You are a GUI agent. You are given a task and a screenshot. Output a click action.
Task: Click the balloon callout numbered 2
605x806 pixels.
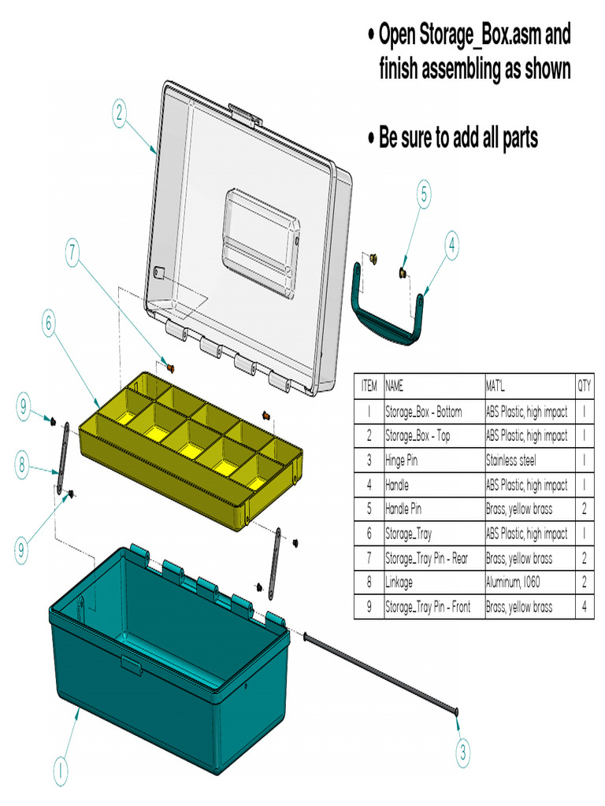118,115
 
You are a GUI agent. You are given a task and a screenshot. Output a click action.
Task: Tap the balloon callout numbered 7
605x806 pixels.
72,253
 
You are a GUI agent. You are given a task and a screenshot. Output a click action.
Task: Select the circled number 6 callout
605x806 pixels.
49,323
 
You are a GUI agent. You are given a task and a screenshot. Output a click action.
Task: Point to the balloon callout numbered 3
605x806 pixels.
463,751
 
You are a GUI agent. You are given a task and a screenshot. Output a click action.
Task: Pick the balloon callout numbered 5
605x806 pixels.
424,194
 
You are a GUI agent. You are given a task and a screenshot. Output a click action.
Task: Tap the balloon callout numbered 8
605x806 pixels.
24,465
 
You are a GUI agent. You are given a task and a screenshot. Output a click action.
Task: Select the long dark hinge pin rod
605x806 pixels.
378,673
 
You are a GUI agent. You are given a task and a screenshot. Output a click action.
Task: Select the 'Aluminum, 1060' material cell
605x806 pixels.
518,582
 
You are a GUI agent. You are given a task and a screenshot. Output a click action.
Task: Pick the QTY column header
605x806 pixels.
584,386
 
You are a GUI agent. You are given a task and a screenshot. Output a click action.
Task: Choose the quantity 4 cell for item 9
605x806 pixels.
584,607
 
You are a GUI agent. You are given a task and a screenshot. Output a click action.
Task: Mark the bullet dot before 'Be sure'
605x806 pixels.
370,139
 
